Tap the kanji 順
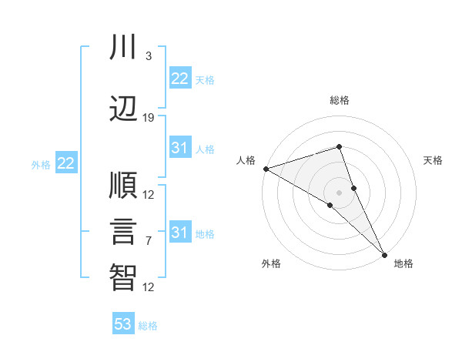[123, 186]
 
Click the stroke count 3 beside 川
[149, 56]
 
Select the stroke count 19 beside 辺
[149, 118]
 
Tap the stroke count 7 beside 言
[149, 241]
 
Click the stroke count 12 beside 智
[149, 287]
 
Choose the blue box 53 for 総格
[123, 324]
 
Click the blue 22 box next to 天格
[179, 79]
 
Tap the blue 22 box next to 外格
[65, 163]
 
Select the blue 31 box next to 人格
[179, 148]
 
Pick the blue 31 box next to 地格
[179, 233]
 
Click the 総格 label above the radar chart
[340, 100]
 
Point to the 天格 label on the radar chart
[434, 160]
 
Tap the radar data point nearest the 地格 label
[385, 253]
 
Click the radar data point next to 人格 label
[266, 169]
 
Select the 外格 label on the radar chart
[271, 264]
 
